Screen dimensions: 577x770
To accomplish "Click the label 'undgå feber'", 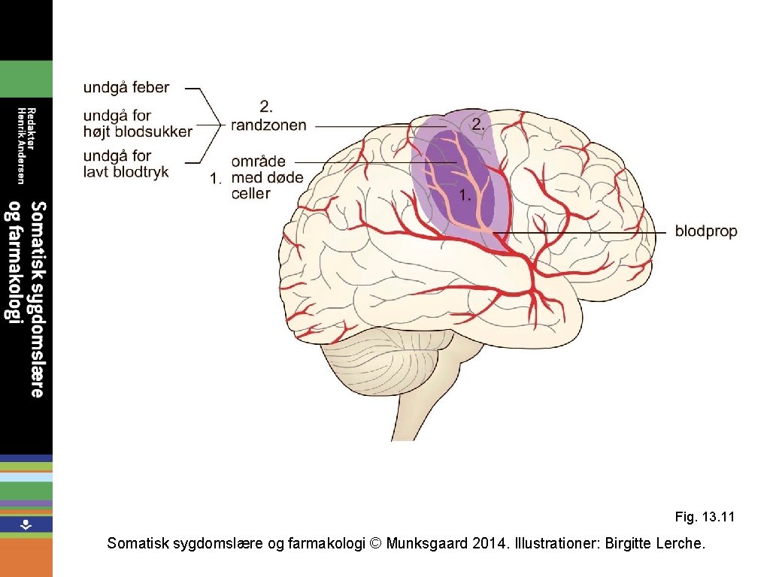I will tap(126, 87).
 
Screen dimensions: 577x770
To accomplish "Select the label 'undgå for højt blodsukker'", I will tap(138, 124).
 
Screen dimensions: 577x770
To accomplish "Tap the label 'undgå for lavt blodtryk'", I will tap(126, 164).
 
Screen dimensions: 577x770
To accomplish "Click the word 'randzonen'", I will tap(268, 125).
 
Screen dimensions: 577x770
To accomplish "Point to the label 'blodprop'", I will tap(705, 231).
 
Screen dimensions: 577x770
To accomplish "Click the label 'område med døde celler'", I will tap(267, 178).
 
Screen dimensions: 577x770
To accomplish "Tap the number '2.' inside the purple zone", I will tap(478, 125).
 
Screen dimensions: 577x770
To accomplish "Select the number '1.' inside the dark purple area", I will tap(465, 195).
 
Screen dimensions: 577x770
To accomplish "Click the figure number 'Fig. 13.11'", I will tap(704, 517).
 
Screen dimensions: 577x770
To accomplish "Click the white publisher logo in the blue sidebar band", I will tap(26, 524).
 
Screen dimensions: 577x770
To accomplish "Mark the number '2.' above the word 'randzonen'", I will tap(265, 106).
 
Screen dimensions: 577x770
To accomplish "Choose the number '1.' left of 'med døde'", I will tap(216, 179).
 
